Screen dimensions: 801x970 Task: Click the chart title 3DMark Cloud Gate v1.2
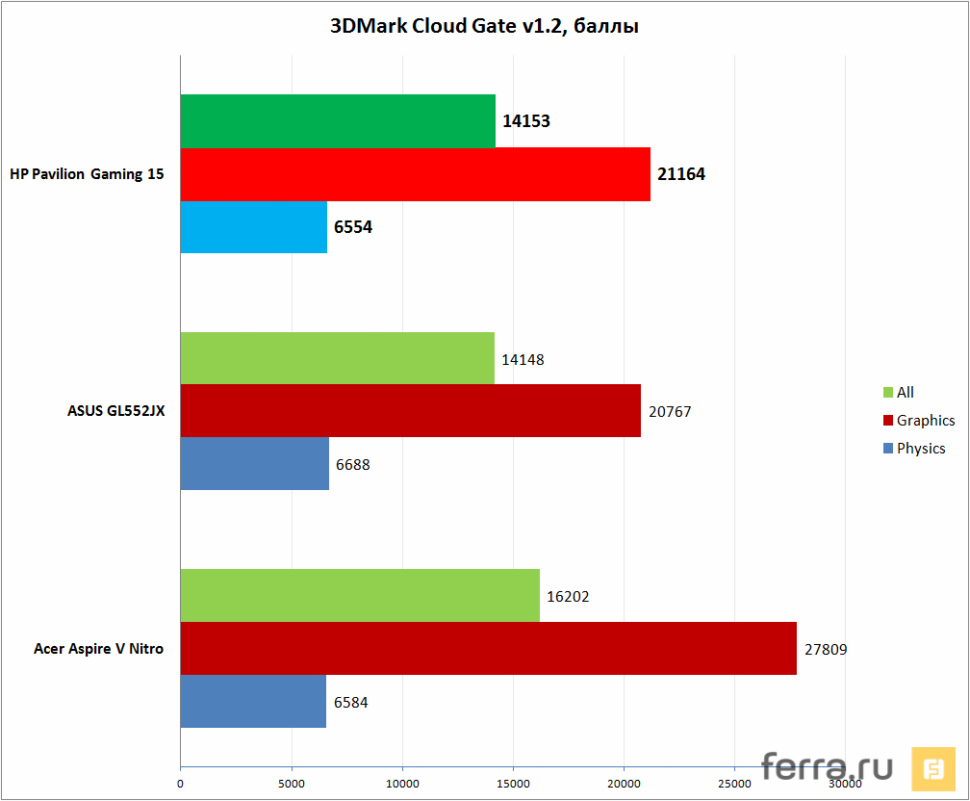coord(485,26)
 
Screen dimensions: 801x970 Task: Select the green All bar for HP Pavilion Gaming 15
coord(338,121)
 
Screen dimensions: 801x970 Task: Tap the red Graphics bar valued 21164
coord(415,174)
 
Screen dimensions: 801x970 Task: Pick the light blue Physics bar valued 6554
coord(254,227)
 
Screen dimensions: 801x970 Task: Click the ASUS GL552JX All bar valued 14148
coord(337,358)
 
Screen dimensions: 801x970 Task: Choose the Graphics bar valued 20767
coord(410,411)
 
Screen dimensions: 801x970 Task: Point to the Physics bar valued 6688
coord(255,464)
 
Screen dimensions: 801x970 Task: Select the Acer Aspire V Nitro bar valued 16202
coord(360,596)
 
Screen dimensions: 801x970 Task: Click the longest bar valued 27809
coord(488,648)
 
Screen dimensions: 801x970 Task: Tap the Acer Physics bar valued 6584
coord(253,701)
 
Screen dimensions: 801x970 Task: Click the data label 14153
coord(525,121)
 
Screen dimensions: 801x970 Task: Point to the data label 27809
coord(826,649)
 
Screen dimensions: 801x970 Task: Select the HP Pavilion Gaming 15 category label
coord(87,174)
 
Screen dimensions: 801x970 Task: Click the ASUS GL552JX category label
coord(115,411)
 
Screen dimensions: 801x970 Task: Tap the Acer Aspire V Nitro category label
coord(98,649)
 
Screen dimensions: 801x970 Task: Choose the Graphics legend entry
coord(919,421)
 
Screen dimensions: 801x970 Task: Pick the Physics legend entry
coord(914,449)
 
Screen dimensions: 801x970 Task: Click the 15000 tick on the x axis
coord(513,785)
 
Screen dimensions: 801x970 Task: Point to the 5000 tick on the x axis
coord(291,785)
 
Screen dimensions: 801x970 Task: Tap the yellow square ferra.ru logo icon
coord(933,769)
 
